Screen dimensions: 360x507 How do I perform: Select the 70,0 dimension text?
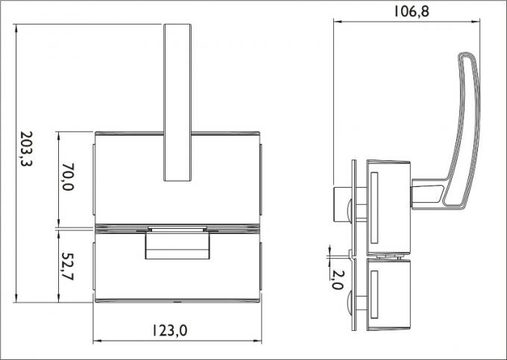point(68,178)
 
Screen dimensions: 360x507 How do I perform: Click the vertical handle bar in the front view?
point(177,102)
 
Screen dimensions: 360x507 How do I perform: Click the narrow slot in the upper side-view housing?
point(375,208)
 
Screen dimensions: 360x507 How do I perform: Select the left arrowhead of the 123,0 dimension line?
point(96,341)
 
